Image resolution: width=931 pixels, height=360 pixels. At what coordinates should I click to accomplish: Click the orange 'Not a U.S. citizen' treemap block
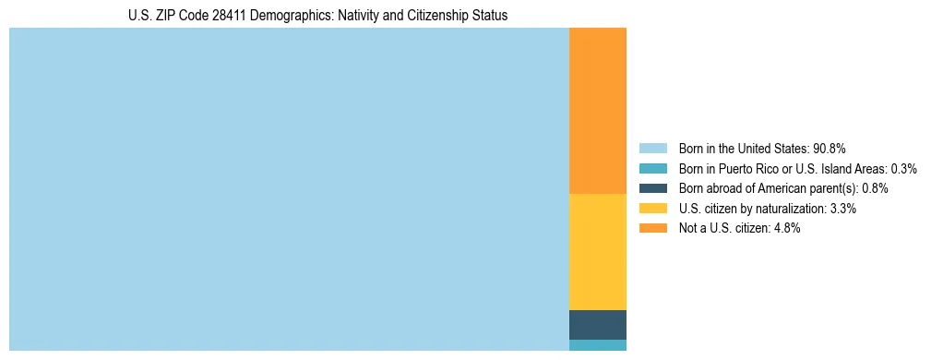pos(597,111)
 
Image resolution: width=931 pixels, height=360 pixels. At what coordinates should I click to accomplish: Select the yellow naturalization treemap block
pos(597,252)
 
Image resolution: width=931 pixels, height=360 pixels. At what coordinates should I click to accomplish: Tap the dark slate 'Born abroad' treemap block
pos(597,325)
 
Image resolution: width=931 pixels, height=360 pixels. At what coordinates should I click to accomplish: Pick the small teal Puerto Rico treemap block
pos(597,345)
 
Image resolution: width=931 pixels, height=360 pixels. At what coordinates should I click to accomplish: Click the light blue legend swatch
pos(652,149)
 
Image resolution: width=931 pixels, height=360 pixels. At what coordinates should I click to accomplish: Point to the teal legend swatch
pos(652,169)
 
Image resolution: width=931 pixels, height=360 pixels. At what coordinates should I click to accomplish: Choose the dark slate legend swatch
pos(652,188)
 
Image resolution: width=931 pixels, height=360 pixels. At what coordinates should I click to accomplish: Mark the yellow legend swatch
pos(652,209)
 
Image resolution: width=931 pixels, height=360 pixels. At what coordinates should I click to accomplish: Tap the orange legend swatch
pos(652,228)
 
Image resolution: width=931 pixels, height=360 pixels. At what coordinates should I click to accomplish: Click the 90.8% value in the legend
pos(830,149)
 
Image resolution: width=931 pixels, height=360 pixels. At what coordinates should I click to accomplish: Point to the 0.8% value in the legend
pos(875,188)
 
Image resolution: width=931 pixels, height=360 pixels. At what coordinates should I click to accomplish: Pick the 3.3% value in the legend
pos(843,209)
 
